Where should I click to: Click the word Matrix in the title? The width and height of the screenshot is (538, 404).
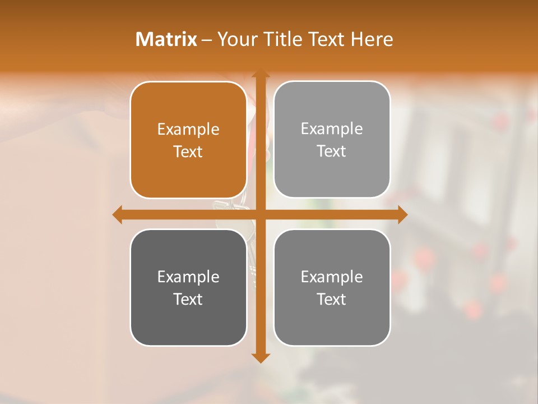click(166, 39)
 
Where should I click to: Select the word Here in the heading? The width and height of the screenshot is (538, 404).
click(372, 39)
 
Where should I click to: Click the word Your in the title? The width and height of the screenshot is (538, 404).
click(238, 39)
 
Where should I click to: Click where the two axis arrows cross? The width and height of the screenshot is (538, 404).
click(260, 214)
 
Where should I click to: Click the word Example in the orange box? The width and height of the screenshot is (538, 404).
click(188, 130)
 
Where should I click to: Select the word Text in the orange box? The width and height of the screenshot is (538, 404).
click(188, 151)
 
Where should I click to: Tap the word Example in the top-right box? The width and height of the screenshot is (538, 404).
click(332, 129)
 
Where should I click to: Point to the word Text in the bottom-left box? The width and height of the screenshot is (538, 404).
click(188, 299)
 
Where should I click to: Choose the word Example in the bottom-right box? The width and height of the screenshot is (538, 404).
click(332, 277)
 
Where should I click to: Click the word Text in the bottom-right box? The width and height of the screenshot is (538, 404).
click(332, 299)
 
